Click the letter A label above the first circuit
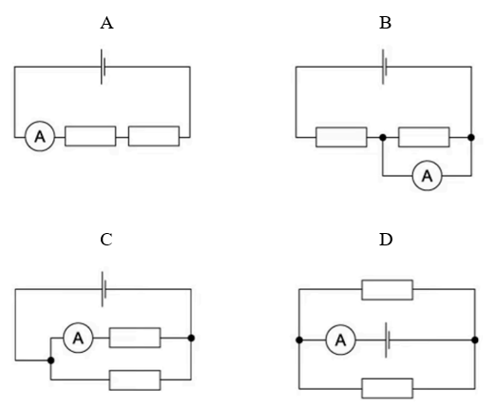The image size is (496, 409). click(106, 23)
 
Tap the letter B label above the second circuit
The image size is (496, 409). click(385, 23)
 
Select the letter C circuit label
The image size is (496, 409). click(106, 240)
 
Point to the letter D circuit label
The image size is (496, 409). click(386, 240)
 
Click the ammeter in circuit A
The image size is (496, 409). click(40, 136)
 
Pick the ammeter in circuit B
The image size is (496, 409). click(428, 175)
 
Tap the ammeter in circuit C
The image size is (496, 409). click(78, 338)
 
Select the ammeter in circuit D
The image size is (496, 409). click(341, 340)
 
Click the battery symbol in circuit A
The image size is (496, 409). click(103, 67)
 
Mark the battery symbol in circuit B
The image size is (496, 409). click(385, 67)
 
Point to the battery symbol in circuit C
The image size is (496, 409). click(104, 289)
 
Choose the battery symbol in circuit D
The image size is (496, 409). click(387, 340)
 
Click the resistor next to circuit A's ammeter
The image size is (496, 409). click(90, 136)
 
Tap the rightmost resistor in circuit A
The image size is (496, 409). click(154, 136)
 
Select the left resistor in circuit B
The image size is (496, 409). click(341, 137)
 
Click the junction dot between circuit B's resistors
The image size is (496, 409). click(383, 137)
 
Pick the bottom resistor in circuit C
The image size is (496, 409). click(135, 380)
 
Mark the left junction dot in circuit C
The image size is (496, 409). click(50, 360)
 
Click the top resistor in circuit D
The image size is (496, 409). click(388, 289)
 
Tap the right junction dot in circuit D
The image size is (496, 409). click(475, 340)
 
